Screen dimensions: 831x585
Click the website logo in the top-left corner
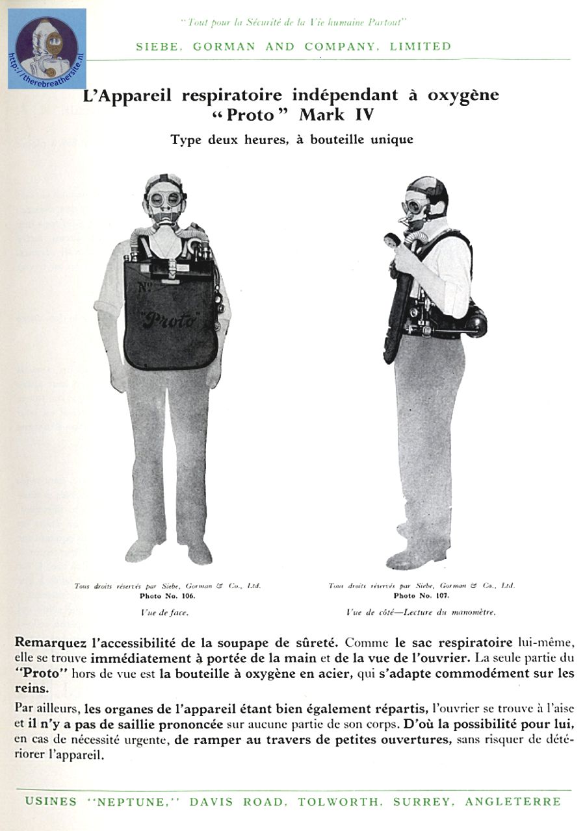[x=47, y=49]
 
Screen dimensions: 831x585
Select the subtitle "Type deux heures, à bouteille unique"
[x=292, y=140]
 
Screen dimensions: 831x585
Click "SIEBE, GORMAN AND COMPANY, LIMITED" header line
[x=293, y=46]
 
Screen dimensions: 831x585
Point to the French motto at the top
[x=294, y=22]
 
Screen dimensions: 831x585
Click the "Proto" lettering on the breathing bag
[x=170, y=319]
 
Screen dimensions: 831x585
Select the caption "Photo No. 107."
[x=422, y=595]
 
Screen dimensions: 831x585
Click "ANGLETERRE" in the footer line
[x=512, y=801]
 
